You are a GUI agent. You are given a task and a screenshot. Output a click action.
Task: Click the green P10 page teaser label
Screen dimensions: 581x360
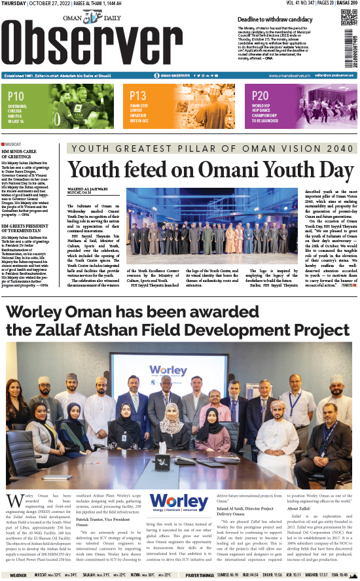point(17,96)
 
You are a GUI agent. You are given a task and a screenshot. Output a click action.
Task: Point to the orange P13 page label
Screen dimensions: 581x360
point(138,96)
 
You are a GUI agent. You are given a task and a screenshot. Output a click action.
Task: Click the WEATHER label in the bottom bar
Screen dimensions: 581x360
point(18,576)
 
